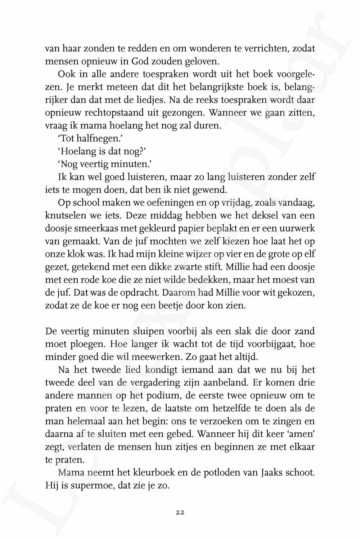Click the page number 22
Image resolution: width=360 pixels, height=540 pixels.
(x=180, y=512)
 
